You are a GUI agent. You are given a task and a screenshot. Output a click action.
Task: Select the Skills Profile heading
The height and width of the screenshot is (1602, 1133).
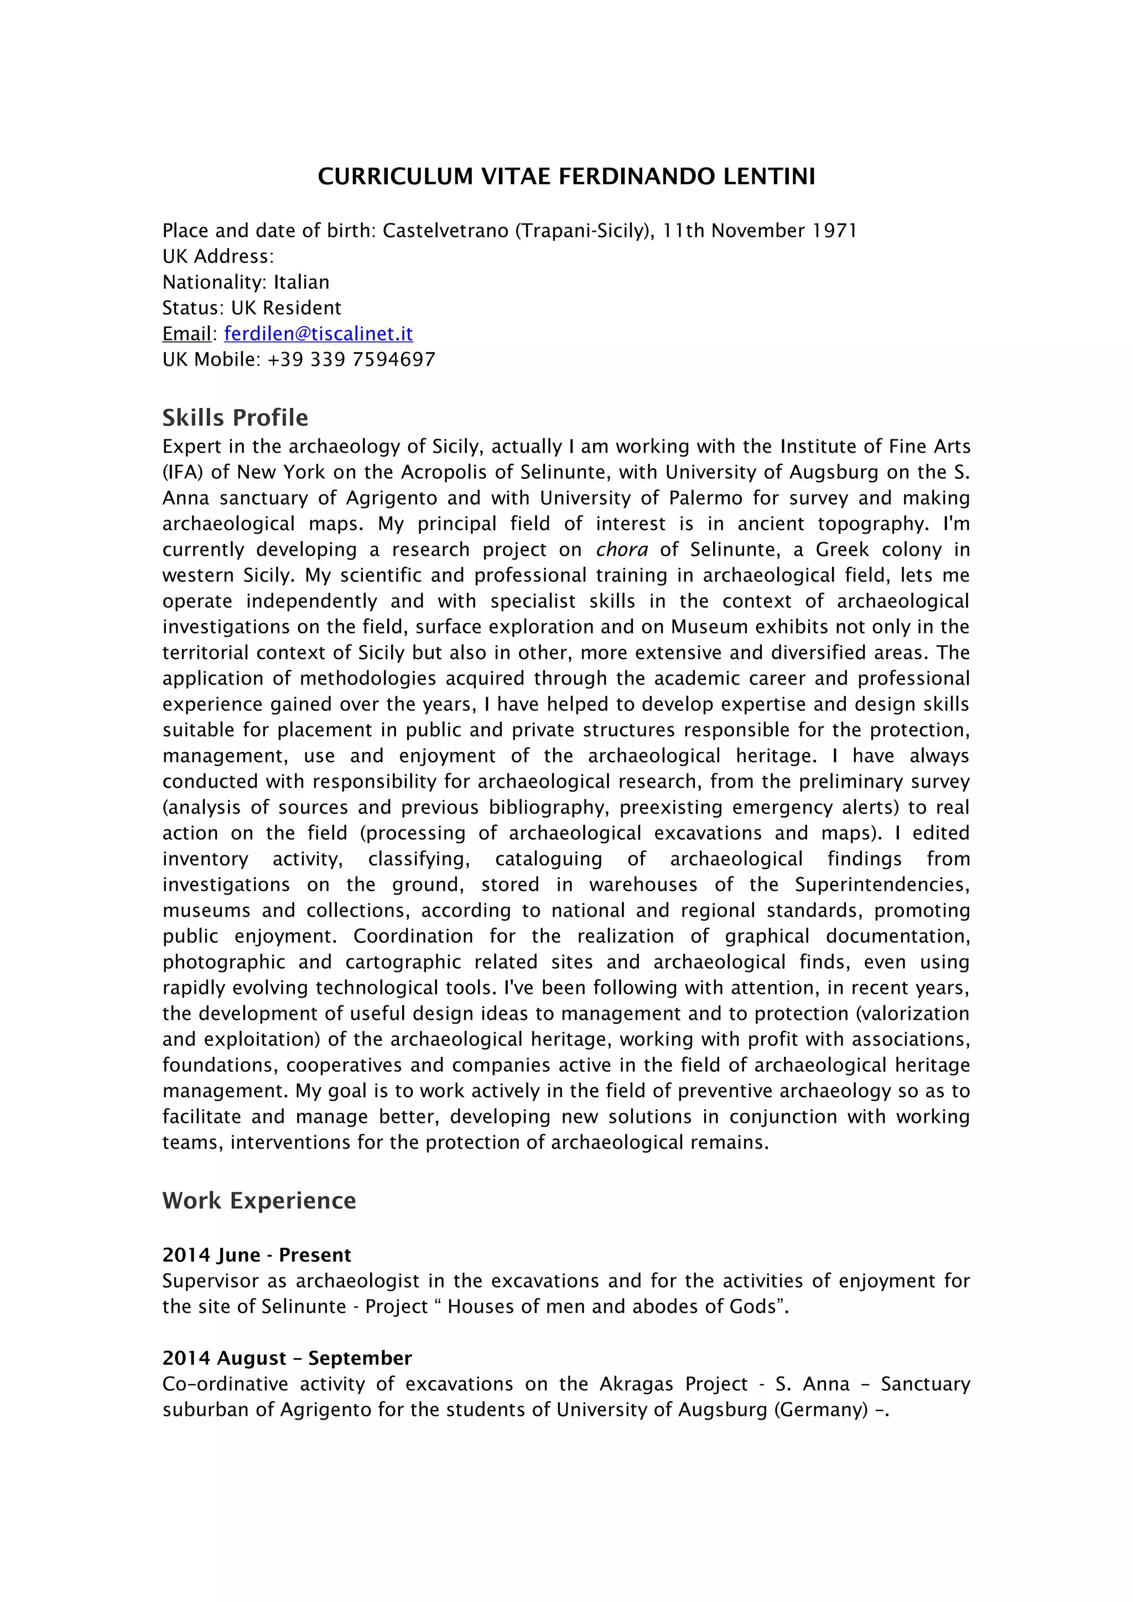pyautogui.click(x=235, y=417)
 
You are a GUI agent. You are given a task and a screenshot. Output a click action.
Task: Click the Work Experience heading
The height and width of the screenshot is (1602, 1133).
pyautogui.click(x=259, y=1200)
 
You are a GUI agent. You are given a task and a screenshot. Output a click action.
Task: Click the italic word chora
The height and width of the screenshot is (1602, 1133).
pyautogui.click(x=621, y=550)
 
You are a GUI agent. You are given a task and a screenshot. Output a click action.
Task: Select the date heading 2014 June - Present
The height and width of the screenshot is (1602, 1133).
pyautogui.click(x=256, y=1254)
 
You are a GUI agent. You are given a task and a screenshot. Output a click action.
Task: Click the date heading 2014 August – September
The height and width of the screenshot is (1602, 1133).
pyautogui.click(x=287, y=1358)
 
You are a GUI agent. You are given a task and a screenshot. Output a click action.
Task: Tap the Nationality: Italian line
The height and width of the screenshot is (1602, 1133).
pyautogui.click(x=246, y=282)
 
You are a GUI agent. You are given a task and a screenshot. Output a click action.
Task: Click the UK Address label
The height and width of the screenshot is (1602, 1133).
pyautogui.click(x=218, y=256)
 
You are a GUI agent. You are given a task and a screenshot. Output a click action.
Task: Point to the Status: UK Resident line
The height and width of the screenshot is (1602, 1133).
pyautogui.click(x=251, y=308)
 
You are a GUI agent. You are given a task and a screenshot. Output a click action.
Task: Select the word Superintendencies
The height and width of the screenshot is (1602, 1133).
pyautogui.click(x=882, y=884)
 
